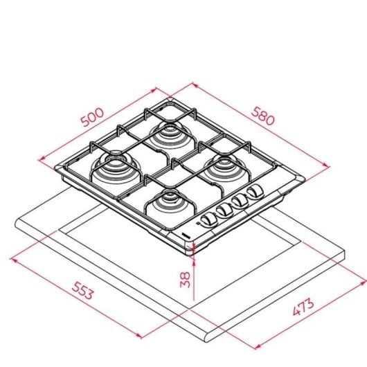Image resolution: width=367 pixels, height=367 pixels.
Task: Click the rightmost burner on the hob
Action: [x=224, y=167]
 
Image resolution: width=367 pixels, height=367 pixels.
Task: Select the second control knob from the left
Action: [x=222, y=211]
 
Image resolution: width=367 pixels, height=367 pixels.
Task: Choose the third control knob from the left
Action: [x=239, y=202]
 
